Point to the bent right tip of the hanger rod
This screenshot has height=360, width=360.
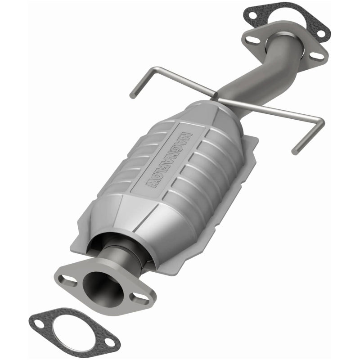tap(296, 149)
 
